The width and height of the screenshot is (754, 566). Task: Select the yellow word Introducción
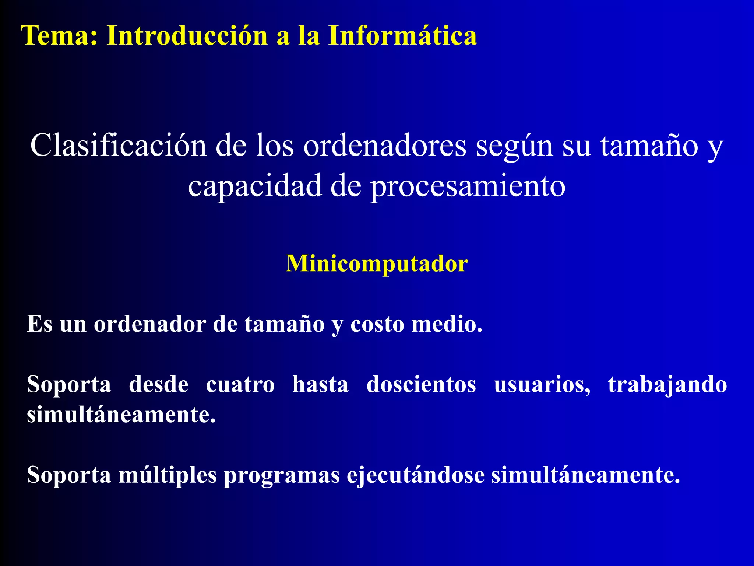click(187, 36)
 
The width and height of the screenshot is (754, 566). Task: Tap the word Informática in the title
click(402, 36)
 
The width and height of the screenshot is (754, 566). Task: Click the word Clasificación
click(118, 146)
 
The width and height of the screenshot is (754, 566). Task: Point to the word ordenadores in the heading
click(385, 146)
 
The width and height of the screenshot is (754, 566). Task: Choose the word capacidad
click(254, 186)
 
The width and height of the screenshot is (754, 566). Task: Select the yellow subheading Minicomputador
click(377, 264)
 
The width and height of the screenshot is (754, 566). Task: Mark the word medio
click(447, 324)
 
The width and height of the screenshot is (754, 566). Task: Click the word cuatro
click(240, 385)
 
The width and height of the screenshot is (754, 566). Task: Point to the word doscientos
click(421, 385)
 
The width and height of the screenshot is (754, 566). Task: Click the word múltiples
click(168, 475)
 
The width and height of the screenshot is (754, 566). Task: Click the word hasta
click(320, 385)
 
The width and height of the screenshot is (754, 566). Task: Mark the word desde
click(159, 385)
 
